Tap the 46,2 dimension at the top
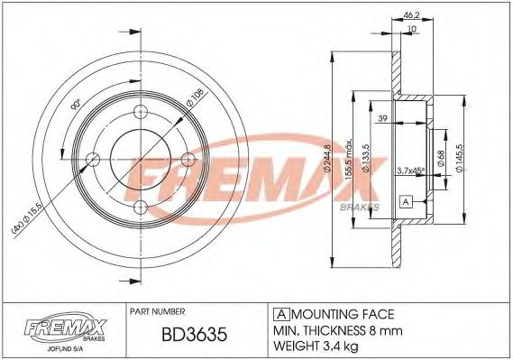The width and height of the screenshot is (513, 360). (x=411, y=15)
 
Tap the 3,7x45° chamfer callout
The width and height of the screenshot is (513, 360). (x=411, y=169)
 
